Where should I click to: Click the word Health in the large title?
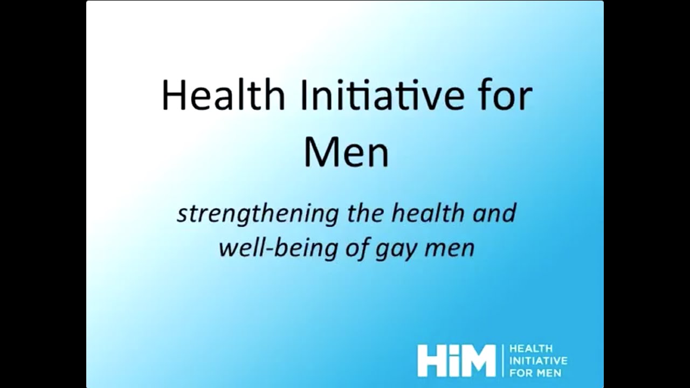223,96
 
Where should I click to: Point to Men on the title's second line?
346,153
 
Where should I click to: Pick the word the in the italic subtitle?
365,213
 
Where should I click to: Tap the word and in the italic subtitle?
492,213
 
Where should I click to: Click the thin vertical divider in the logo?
502,361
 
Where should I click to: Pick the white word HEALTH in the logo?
530,349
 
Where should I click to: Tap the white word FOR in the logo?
520,372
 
